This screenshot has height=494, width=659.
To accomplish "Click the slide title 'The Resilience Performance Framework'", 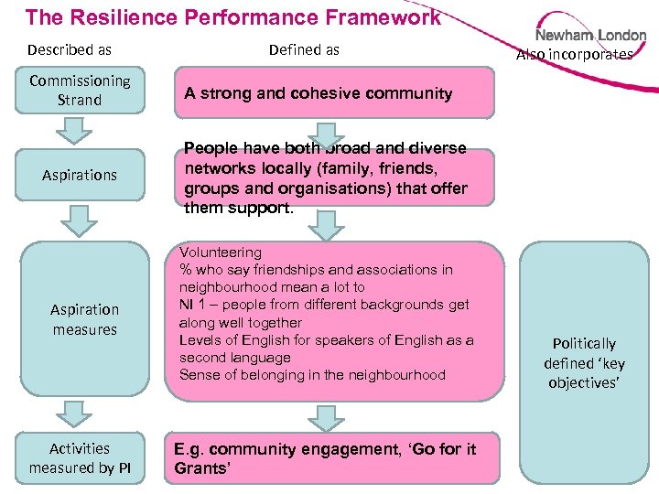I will coord(233,16).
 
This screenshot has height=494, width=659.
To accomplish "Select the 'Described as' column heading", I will coord(70,49).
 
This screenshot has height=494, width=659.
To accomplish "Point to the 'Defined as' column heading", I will coord(304,49).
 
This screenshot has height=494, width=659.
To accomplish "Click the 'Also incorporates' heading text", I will coord(575,55).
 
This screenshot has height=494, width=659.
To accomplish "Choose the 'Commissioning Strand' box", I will coord(81,91).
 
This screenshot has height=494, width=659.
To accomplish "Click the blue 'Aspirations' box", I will coord(81,175).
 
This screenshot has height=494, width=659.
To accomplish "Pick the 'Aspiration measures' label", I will coord(85,319).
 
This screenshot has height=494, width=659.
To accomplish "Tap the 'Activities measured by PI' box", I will coord(81,458).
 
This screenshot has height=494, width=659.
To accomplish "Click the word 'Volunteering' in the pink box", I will coord(221,252).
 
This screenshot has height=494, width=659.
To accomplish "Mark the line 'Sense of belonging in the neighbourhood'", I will coord(312,374).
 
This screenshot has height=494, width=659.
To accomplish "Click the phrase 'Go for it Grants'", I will coord(325,459).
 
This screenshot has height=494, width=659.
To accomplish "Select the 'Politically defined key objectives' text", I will coord(585,362).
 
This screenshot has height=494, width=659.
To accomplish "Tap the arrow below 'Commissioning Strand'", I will coord(81,130).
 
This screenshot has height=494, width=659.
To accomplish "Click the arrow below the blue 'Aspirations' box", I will coord(81,220).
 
